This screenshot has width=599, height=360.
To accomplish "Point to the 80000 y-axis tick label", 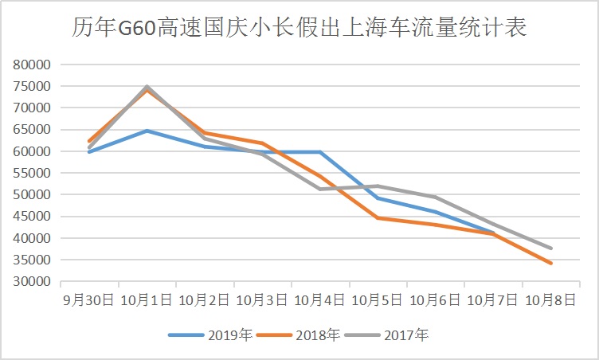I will click(x=33, y=65).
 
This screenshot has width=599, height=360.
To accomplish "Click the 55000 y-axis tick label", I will click(x=33, y=173).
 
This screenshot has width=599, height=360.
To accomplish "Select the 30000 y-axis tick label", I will click(x=33, y=282).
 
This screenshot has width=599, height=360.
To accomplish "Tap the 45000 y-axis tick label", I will click(x=33, y=217).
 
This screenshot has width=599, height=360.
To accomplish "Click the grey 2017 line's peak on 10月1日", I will click(x=147, y=86).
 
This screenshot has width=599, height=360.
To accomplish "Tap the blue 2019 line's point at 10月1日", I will click(x=147, y=131).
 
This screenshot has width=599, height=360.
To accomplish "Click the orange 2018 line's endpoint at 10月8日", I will click(x=550, y=263).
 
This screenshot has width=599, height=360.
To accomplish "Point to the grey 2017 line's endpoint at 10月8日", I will click(x=550, y=248).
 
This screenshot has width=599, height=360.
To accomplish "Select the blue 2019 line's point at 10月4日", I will click(x=319, y=151).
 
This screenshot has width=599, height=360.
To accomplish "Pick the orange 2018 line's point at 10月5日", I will click(x=378, y=217).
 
